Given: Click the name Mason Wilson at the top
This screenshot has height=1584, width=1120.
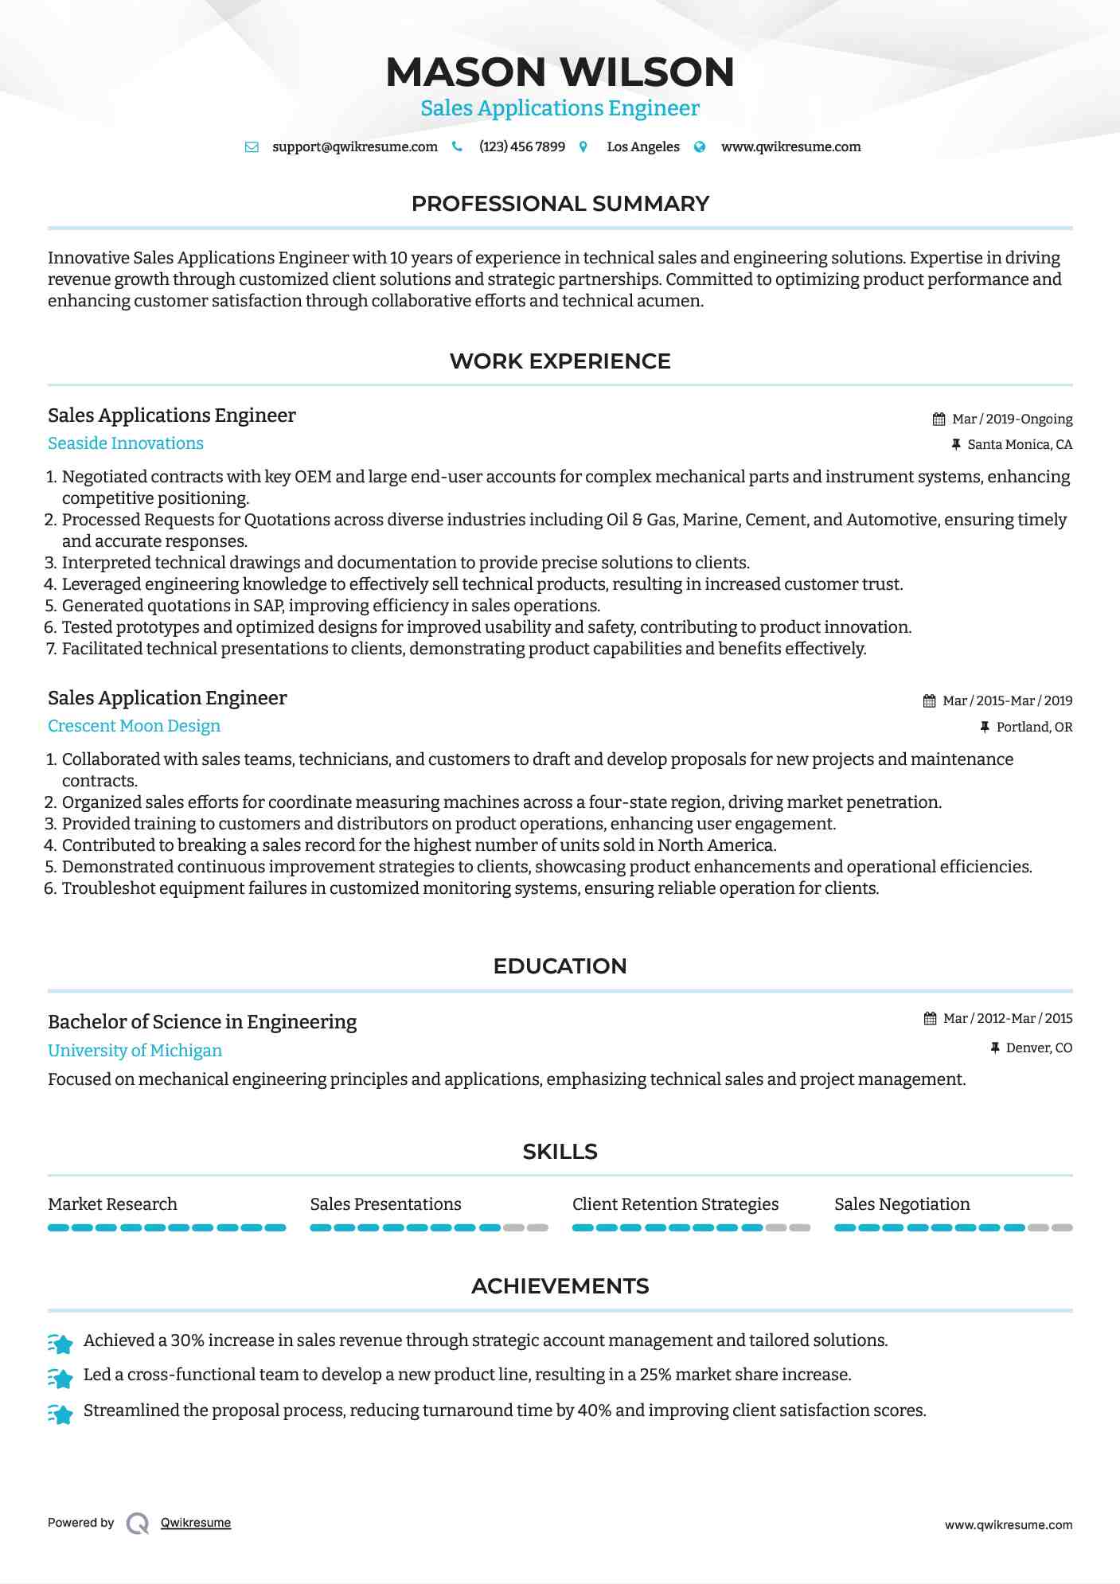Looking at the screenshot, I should [x=560, y=72].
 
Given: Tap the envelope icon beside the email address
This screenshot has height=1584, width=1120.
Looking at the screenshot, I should [x=252, y=147].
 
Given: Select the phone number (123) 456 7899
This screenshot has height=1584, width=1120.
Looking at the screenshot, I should [x=521, y=147].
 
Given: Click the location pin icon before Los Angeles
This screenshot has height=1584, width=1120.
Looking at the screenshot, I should [x=583, y=147].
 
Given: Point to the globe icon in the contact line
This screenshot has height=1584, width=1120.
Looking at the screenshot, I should [x=700, y=147].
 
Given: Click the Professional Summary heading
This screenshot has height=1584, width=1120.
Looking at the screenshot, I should [x=560, y=204].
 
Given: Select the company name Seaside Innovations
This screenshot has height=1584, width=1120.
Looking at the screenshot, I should [x=126, y=443].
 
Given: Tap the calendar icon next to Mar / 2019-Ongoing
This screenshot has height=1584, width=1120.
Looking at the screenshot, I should [x=939, y=419].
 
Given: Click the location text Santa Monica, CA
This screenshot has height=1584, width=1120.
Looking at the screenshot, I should [x=1020, y=445].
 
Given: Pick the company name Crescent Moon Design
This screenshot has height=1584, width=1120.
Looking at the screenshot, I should [x=134, y=726].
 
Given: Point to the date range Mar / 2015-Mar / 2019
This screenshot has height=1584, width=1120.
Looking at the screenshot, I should [x=1007, y=701].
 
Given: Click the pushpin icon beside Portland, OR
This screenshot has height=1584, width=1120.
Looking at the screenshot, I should [x=985, y=727].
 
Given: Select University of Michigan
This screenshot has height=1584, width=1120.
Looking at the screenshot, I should [x=135, y=1051].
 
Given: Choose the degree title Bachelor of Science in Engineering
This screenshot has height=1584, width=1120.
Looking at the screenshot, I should [x=202, y=1022].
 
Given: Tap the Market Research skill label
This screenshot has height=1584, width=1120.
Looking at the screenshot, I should [x=112, y=1204].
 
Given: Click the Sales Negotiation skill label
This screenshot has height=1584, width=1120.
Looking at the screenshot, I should [x=902, y=1204].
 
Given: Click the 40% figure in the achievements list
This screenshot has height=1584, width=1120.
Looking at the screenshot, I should [x=594, y=1410].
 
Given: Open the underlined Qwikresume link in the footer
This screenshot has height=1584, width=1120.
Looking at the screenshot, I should [x=196, y=1523].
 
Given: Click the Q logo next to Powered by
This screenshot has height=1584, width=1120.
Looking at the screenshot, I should [x=138, y=1524].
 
